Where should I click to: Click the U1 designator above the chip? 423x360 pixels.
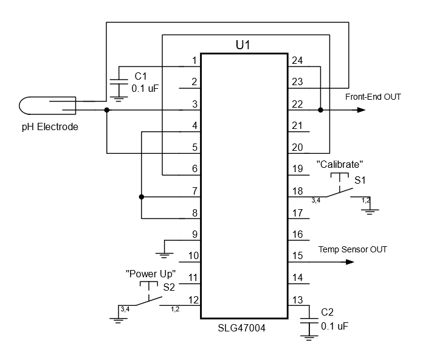[x=242, y=46]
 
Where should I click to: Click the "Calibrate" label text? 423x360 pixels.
[x=340, y=164]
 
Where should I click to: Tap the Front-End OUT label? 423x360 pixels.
[x=373, y=97]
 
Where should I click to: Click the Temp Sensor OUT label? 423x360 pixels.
[x=352, y=249]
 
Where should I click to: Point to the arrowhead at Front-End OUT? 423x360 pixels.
[x=361, y=110]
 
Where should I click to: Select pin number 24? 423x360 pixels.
[x=297, y=60]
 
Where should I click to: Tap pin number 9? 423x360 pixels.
[x=194, y=234]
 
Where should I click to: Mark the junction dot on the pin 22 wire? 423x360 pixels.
[x=320, y=110]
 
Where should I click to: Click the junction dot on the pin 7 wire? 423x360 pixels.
[x=141, y=197]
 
